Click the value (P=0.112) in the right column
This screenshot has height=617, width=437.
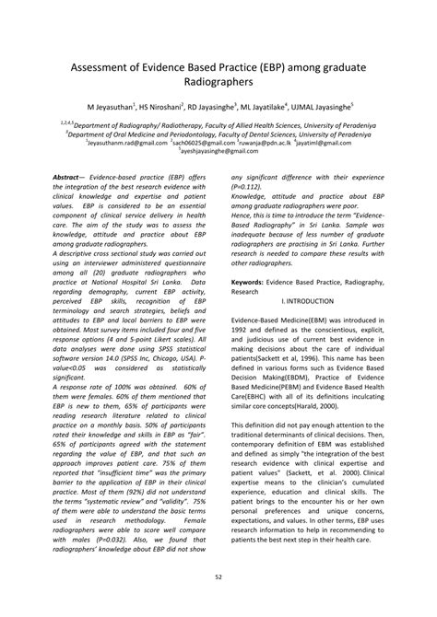(248, 186)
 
